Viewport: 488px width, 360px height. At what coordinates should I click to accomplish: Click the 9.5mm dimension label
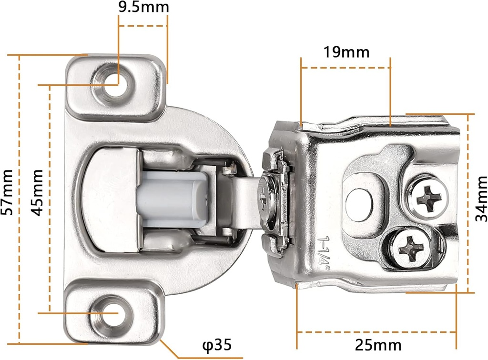[x=144, y=7]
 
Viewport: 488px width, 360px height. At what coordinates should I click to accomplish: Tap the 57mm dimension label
[x=7, y=192]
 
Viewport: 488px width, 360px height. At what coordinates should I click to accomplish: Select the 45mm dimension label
[x=37, y=192]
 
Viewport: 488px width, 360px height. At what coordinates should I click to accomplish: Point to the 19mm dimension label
[x=346, y=52]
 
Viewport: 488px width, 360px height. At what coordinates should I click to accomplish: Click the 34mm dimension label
[x=481, y=199]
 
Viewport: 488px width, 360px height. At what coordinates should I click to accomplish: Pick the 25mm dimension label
[x=378, y=345]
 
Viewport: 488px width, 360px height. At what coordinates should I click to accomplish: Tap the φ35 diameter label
[x=217, y=345]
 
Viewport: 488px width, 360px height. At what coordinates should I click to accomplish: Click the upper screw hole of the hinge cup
[x=113, y=84]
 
